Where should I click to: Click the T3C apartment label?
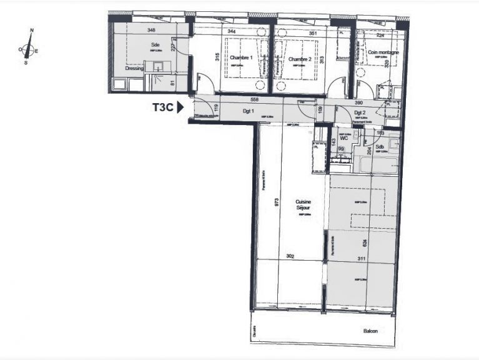click(x=162, y=107)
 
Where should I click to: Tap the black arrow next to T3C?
click(x=180, y=107)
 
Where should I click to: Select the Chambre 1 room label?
click(x=241, y=58)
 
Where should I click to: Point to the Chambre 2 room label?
click(x=299, y=59)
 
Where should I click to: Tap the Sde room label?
click(x=155, y=44)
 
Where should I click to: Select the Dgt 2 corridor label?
click(x=359, y=113)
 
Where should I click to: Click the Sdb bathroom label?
click(x=379, y=146)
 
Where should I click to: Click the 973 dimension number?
click(x=275, y=202)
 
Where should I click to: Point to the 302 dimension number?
click(x=289, y=256)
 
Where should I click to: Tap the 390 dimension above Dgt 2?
click(x=358, y=102)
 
